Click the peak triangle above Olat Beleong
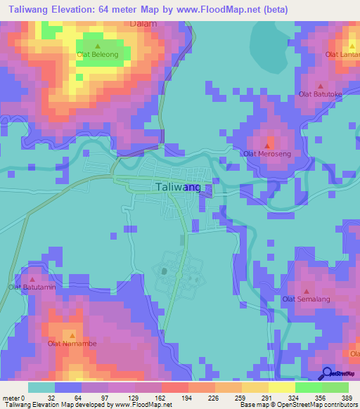coord(97,46)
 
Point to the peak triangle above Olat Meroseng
coord(267,145)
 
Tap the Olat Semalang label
coord(306,299)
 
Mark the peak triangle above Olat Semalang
coord(306,291)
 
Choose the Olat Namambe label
coord(72,344)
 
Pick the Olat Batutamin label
coord(32,287)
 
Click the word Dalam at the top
coord(143,23)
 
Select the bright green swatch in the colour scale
coord(309,387)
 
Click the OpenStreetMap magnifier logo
coord(327,373)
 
